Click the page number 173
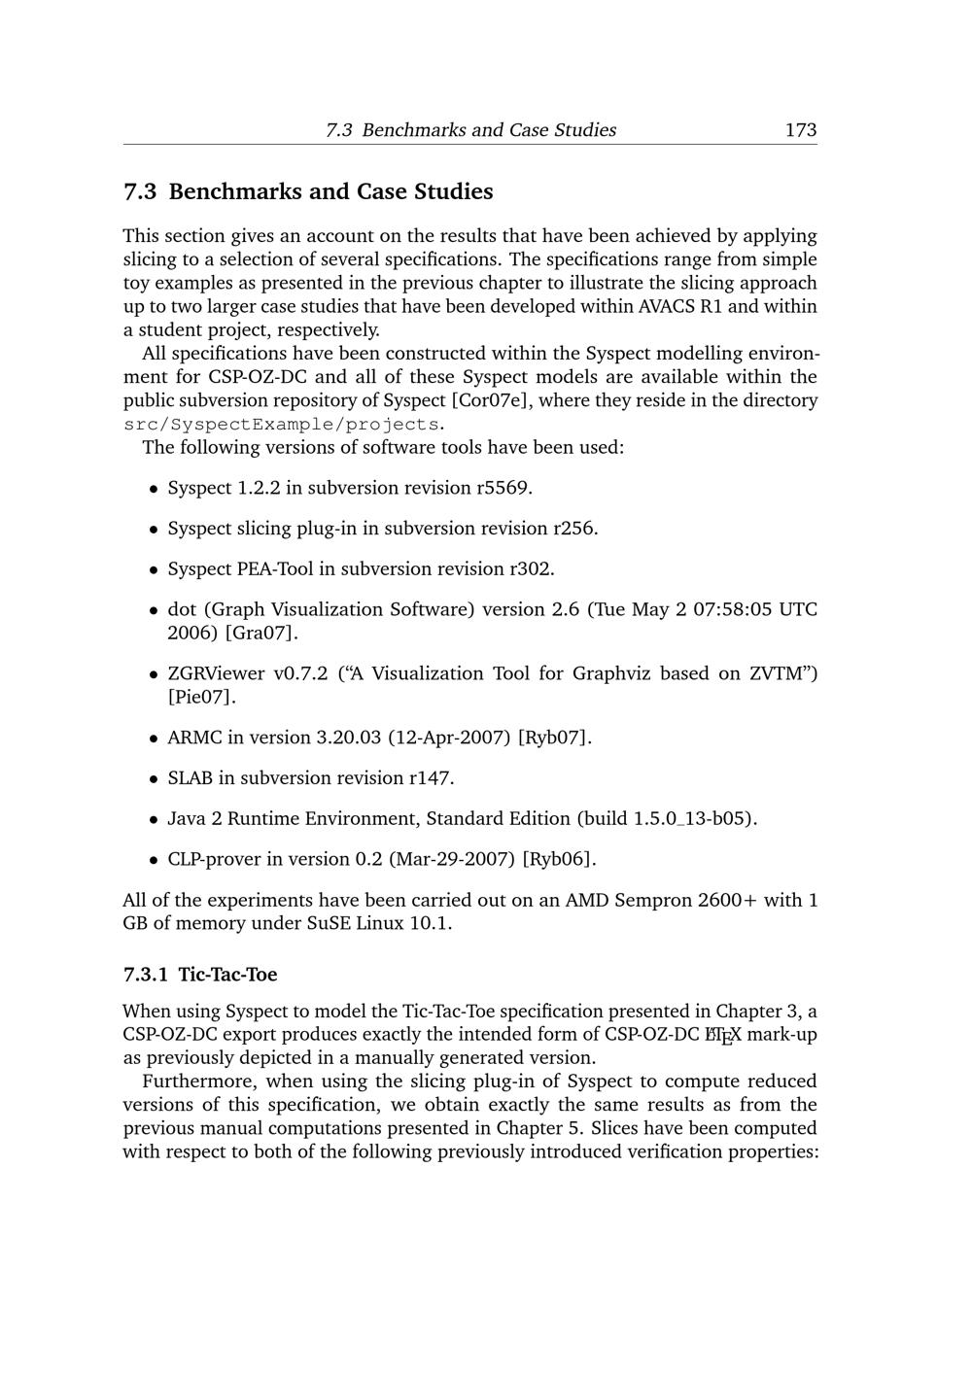click(800, 130)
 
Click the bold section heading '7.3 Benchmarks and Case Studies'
click(308, 191)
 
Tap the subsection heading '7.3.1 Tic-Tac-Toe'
click(200, 974)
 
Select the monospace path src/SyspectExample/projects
click(282, 425)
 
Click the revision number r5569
click(503, 488)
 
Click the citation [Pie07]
click(201, 698)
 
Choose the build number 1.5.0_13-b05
click(692, 818)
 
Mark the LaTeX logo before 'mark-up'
click(722, 1036)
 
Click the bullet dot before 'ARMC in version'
click(154, 739)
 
